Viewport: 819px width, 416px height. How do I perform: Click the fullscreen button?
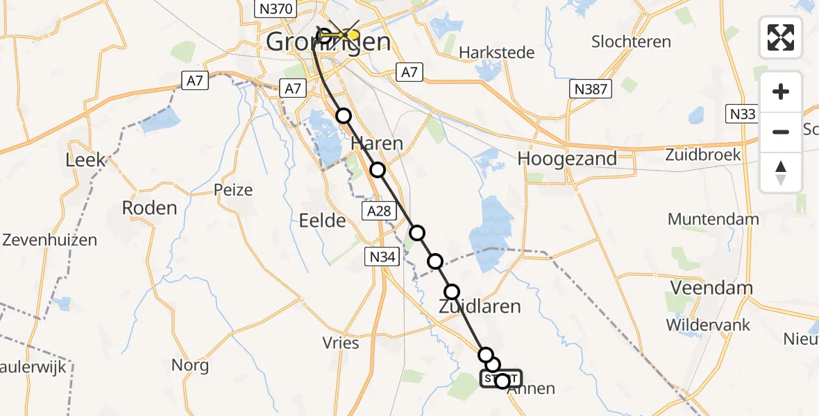(781, 37)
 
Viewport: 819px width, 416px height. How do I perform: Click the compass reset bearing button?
(781, 173)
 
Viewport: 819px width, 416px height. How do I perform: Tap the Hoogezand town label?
(567, 159)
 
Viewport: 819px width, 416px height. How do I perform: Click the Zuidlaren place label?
(479, 306)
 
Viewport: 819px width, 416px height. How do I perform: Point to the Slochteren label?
(631, 42)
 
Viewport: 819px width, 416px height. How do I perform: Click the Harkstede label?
(497, 53)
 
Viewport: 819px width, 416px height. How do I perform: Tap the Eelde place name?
(322, 221)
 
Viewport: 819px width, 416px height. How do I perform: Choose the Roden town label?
(149, 207)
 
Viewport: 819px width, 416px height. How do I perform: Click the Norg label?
(190, 365)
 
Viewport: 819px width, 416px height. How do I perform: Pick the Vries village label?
(341, 343)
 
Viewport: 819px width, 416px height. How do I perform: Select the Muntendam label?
(714, 220)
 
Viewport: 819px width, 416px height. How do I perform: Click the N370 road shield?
(276, 9)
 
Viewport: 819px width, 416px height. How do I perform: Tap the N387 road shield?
(589, 88)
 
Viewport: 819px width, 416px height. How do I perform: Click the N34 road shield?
(382, 258)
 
